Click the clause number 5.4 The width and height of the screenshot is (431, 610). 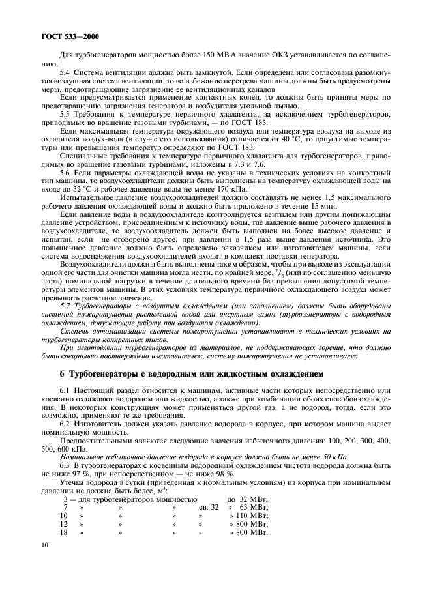65,73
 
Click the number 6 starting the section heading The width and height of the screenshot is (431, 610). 63,373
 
